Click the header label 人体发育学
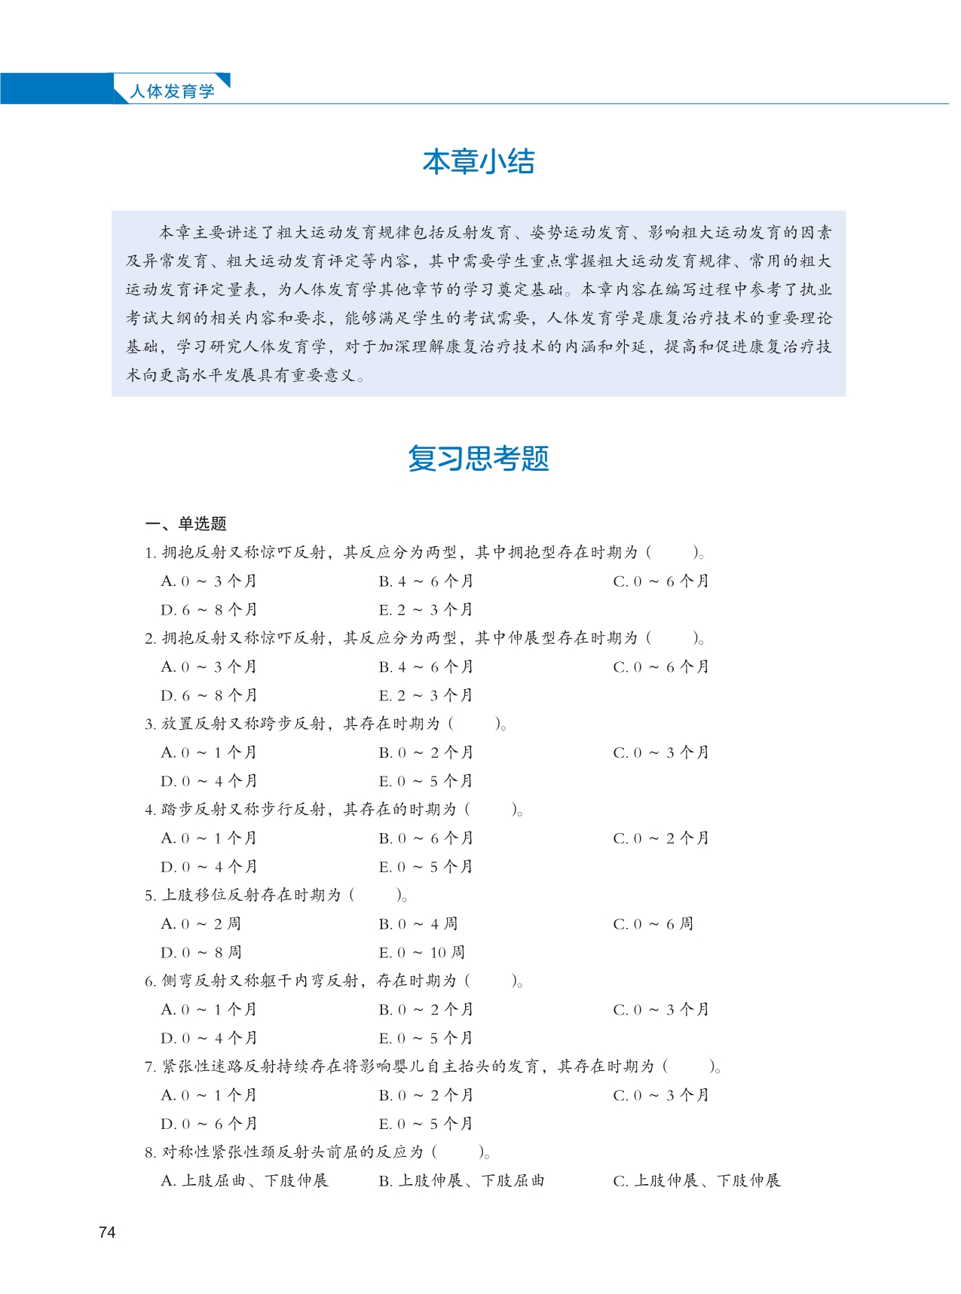pos(172,91)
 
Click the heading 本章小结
pos(479,162)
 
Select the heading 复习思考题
pos(479,458)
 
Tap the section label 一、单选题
pos(185,523)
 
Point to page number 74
pos(107,1232)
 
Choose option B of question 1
pos(426,581)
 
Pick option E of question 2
pos(426,695)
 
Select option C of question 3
pos(661,752)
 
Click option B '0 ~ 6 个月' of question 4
pos(426,838)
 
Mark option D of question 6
pos(209,1039)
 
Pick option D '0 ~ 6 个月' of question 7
pos(209,1125)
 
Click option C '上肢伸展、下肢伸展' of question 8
pos(697,1181)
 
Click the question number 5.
pos(149,896)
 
